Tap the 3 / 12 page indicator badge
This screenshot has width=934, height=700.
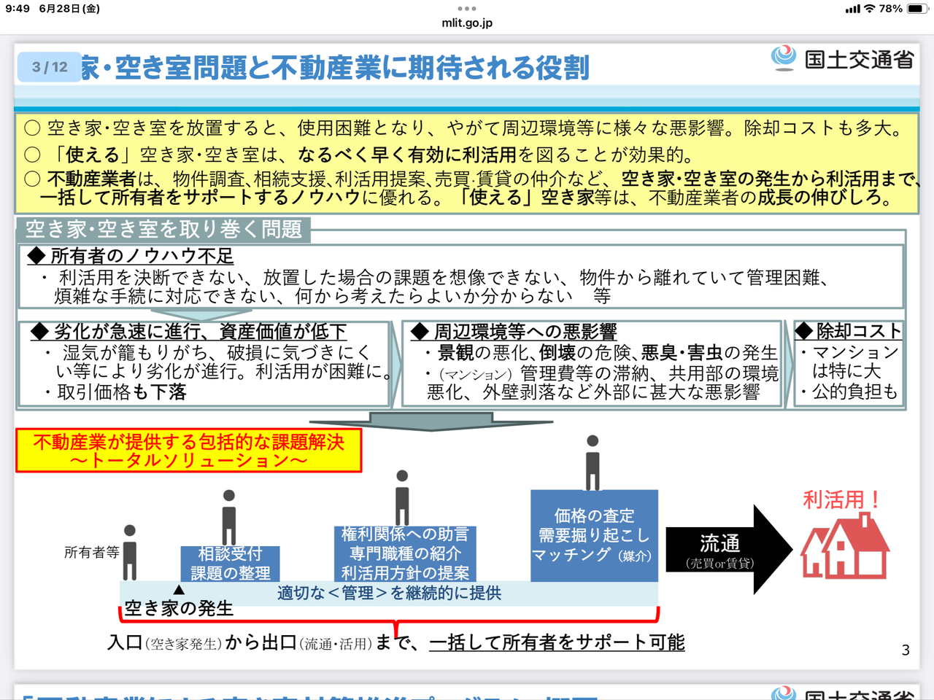coord(50,67)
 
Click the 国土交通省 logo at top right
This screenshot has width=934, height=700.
coord(844,58)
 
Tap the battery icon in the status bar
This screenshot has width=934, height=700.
coord(916,9)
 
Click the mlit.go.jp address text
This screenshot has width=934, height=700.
coord(467,23)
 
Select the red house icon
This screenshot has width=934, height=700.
coord(845,546)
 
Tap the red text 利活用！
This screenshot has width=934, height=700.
coord(841,499)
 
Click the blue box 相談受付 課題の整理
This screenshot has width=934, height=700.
coord(230,564)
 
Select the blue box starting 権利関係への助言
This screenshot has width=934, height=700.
coord(405,553)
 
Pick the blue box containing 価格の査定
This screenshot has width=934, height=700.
coord(594,536)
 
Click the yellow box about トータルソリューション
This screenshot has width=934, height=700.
coord(189,451)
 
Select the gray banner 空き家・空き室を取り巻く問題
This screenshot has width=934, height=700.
coord(163,229)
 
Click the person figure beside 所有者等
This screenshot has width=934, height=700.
coord(130,552)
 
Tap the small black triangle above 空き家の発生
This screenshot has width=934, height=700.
coord(179,589)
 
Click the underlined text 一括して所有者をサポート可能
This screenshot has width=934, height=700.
coord(557,642)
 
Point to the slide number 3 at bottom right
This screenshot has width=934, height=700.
coord(906,650)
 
